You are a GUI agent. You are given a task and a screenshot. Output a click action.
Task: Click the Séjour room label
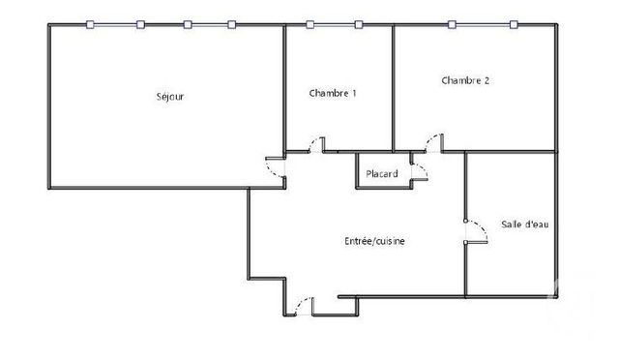pos(170,97)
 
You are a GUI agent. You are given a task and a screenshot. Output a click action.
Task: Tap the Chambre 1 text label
pos(333,93)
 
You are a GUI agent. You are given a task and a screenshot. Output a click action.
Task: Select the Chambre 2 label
pos(465,80)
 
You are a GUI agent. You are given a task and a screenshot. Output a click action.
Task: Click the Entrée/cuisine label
pos(374,241)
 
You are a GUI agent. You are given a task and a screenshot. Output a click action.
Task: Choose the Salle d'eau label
pos(525,225)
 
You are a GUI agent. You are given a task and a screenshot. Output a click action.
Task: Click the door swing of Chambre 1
pos(315,145)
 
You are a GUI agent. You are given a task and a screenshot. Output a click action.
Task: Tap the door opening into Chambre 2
pos(434,144)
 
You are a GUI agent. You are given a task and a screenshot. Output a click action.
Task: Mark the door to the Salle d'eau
pos(473,230)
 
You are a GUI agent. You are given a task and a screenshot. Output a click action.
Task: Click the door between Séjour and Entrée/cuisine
pos(277,167)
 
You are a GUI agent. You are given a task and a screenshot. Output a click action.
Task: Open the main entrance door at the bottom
pos(303,306)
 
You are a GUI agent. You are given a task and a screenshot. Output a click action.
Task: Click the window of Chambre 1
pos(335,25)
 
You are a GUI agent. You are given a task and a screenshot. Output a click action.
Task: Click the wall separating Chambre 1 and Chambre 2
pos(392,87)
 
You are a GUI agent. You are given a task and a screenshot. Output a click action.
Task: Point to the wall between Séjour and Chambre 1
pos(284,87)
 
